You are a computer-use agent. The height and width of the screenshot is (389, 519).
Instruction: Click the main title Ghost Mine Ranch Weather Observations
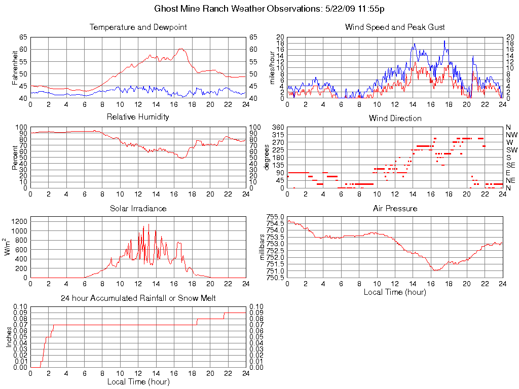coord(273,9)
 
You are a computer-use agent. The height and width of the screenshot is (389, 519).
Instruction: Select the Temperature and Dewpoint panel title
coord(138,27)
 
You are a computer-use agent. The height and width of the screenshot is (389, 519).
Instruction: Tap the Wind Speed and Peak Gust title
coord(395,27)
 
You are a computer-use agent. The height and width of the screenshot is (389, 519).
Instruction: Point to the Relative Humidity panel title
coord(138,117)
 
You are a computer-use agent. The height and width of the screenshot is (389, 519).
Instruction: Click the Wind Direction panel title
coord(395,119)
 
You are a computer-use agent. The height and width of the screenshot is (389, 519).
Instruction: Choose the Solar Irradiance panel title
coord(138,209)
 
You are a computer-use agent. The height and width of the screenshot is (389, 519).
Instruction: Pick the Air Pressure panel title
coord(395,209)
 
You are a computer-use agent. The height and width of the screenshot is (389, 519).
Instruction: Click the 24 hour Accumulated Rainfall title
coord(138,298)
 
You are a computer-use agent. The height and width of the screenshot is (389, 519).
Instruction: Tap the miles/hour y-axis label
coord(272,67)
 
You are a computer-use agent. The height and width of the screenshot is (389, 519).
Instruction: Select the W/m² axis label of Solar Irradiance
coord(9,247)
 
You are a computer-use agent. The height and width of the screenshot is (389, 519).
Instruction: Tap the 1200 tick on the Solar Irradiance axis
coord(18,221)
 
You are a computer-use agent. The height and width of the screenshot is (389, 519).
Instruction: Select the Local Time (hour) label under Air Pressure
coord(395,292)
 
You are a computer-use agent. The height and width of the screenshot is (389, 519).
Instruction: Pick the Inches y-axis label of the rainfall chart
coord(9,337)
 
